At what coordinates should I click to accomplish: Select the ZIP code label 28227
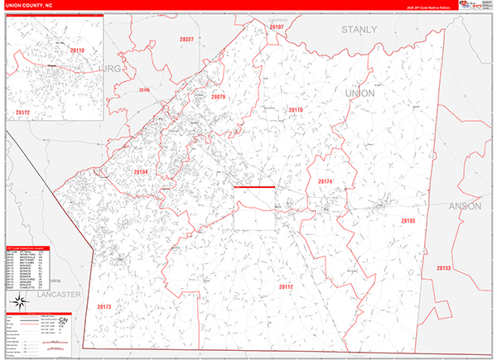pyautogui.click(x=186, y=40)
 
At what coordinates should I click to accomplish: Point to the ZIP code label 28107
pyautogui.click(x=276, y=27)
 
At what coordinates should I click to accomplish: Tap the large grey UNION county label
pyautogui.click(x=359, y=94)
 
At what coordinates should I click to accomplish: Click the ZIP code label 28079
pyautogui.click(x=218, y=98)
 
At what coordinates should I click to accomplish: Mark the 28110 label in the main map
pyautogui.click(x=296, y=109)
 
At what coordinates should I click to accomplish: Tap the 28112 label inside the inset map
pyautogui.click(x=22, y=112)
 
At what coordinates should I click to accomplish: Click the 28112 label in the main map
pyautogui.click(x=287, y=286)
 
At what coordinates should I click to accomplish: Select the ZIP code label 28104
pyautogui.click(x=141, y=172)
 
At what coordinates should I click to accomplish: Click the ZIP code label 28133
pyautogui.click(x=443, y=268)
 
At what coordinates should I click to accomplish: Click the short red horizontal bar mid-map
pyautogui.click(x=253, y=187)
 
